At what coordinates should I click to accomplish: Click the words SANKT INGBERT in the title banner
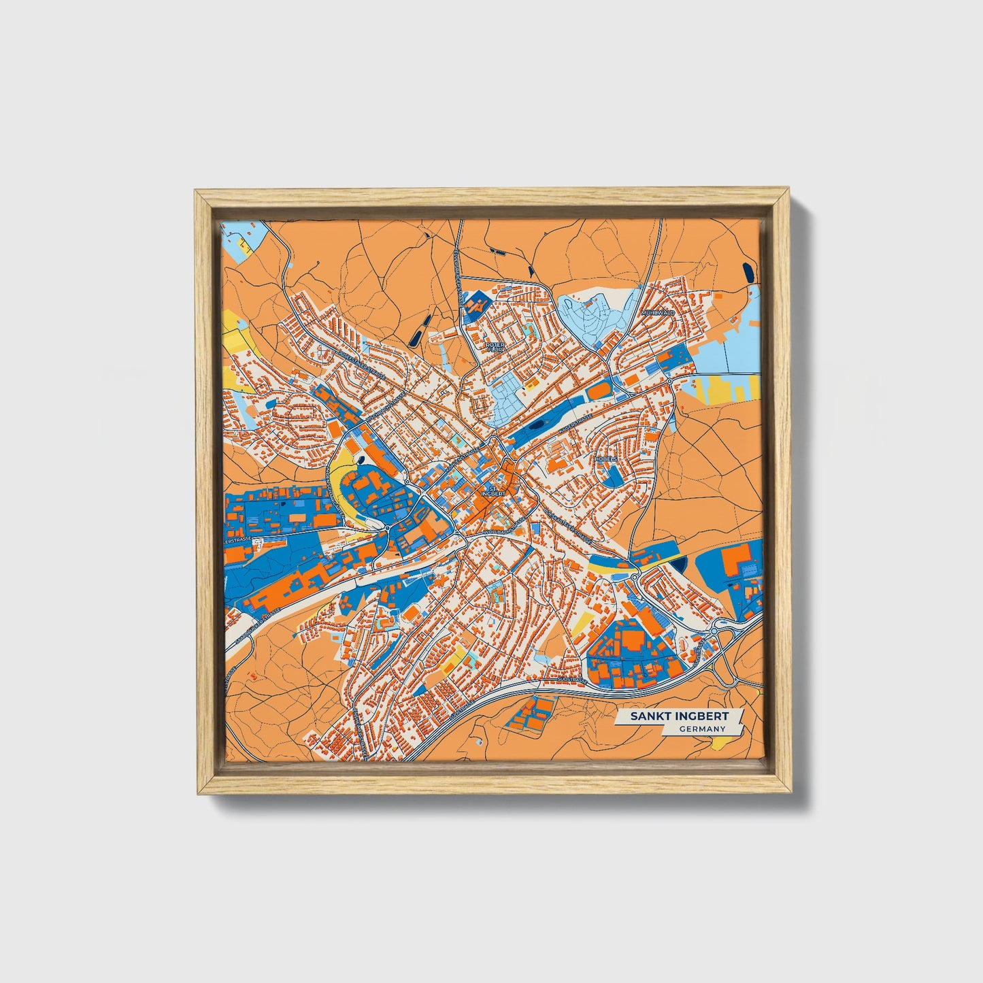679,716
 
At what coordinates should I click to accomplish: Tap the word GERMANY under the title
701,729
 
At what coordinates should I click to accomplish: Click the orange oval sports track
598,392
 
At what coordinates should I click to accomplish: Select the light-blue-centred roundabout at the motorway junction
714,632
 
